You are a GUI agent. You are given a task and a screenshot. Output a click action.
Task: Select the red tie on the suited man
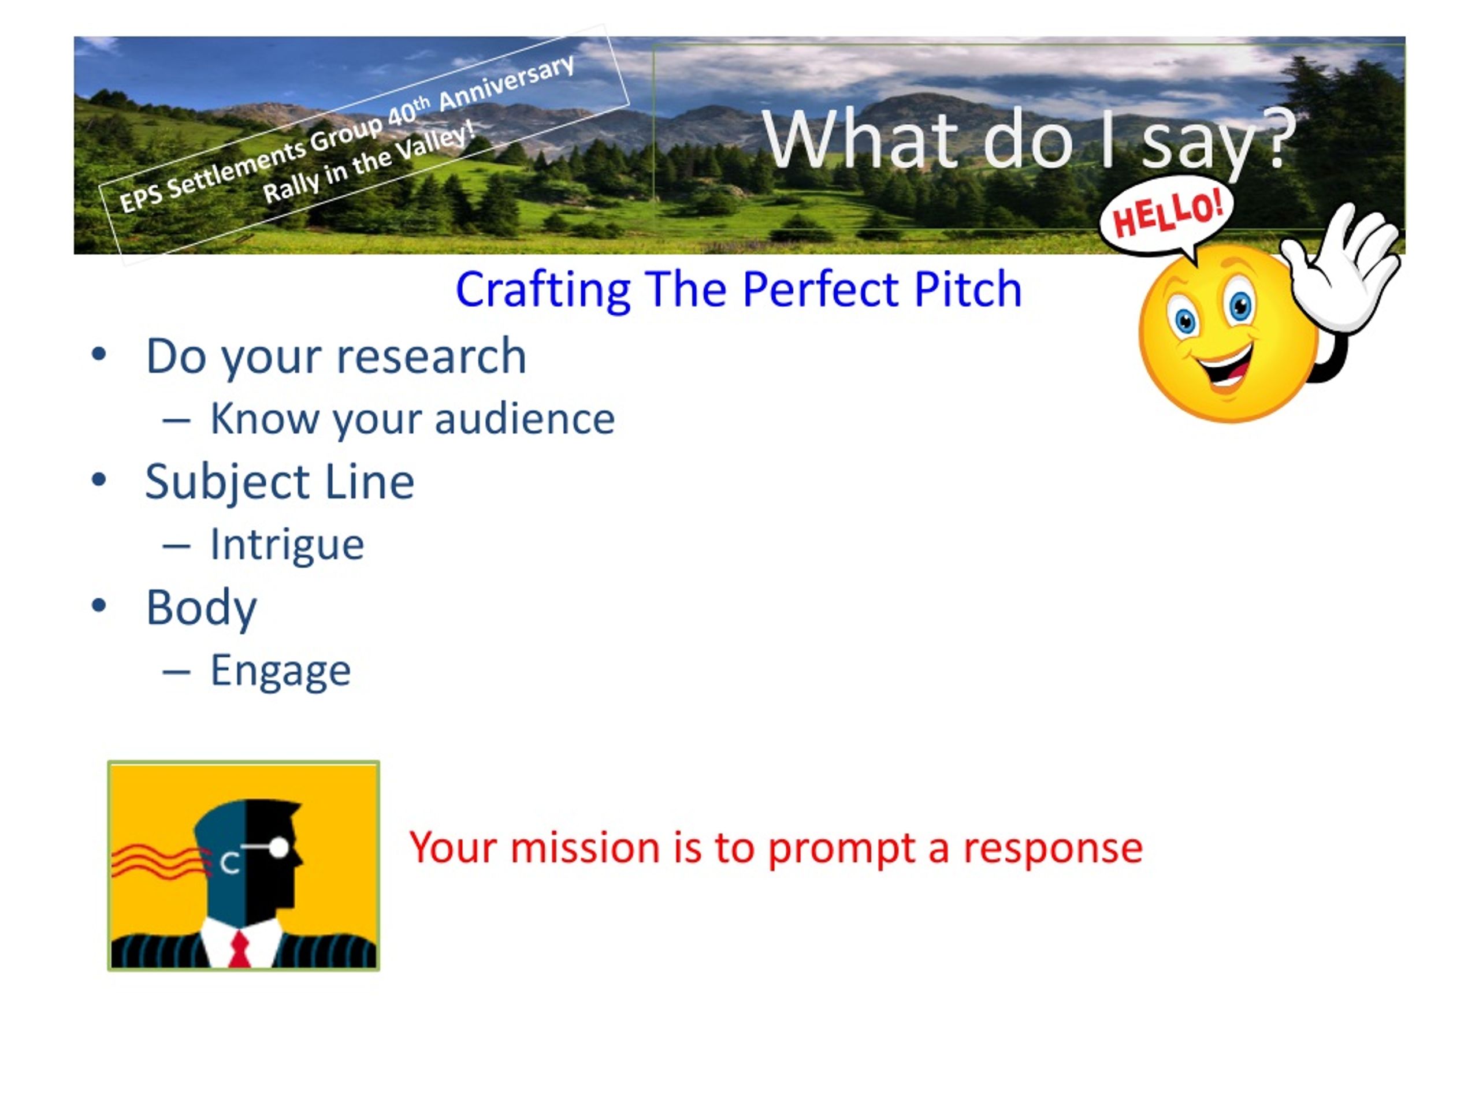(239, 949)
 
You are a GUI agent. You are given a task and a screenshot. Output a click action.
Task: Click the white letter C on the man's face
(230, 863)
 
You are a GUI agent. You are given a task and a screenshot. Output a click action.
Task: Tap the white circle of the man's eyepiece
(279, 847)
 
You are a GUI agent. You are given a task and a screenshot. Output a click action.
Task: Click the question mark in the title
(1279, 139)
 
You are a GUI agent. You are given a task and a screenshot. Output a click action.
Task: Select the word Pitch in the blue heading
(968, 289)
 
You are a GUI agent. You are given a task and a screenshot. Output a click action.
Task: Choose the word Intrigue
(288, 545)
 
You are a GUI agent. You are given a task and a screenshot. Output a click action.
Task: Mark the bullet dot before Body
(99, 605)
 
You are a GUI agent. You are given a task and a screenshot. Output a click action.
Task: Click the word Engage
(281, 671)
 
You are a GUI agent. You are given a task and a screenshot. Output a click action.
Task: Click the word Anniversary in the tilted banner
(506, 83)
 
